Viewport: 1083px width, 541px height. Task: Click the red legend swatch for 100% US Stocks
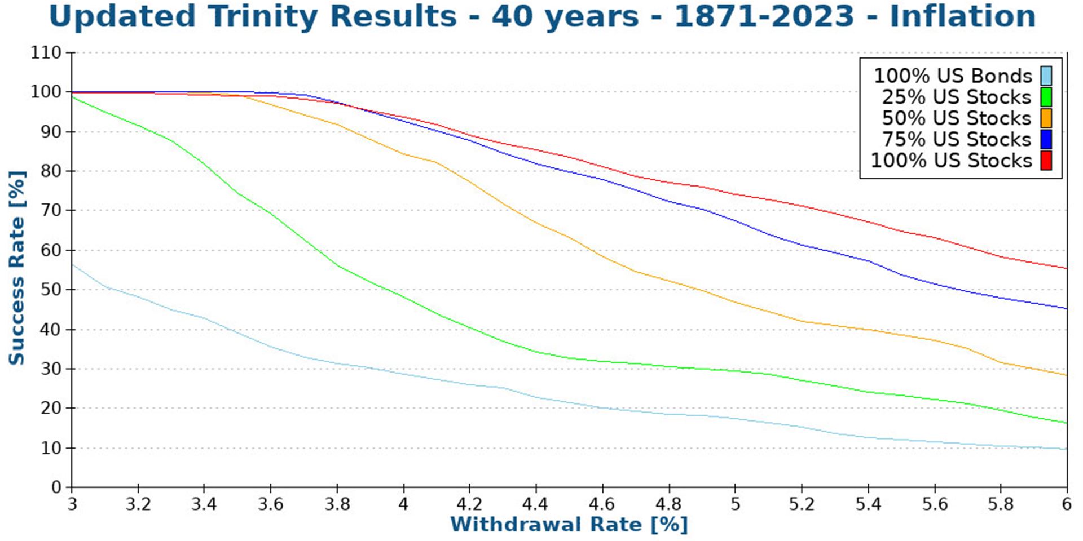(x=1046, y=161)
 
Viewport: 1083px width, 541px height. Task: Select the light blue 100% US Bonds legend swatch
(x=1046, y=76)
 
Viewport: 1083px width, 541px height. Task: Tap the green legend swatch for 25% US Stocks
(x=1046, y=97)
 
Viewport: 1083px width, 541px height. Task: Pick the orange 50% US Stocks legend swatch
(x=1046, y=118)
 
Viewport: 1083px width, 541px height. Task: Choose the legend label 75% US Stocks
(x=956, y=139)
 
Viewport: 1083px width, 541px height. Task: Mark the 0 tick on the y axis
(x=56, y=487)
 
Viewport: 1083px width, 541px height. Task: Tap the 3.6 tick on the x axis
(x=270, y=504)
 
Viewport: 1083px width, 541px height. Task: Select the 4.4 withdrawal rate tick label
(x=535, y=504)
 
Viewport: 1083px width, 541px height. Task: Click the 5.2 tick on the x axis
(x=801, y=504)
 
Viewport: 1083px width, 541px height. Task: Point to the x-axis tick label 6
(x=1066, y=504)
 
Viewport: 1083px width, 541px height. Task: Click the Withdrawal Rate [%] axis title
(x=569, y=525)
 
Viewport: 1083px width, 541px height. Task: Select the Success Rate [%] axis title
(x=17, y=268)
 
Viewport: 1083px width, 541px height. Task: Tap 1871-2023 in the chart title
(x=764, y=17)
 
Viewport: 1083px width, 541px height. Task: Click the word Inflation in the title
(x=962, y=17)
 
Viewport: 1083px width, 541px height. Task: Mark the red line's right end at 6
(x=1066, y=268)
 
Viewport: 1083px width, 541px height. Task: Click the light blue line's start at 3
(x=73, y=264)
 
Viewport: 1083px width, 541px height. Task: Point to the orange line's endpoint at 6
(x=1066, y=375)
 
